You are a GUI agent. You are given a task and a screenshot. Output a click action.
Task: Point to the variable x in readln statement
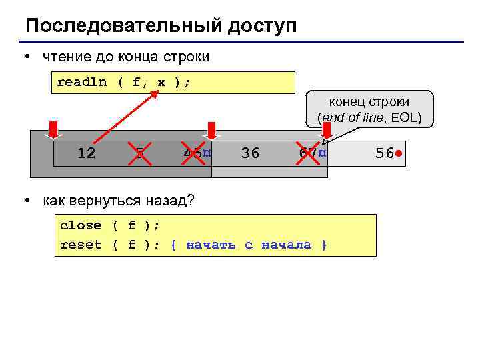click(x=161, y=83)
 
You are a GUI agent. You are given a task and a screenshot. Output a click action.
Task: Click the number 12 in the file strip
click(x=86, y=153)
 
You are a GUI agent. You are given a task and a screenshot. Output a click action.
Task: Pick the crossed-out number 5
click(x=139, y=153)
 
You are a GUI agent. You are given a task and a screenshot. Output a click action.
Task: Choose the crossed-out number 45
click(x=193, y=153)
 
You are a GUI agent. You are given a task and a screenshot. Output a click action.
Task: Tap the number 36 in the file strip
click(x=250, y=153)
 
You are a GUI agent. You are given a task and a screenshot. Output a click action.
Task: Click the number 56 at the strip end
click(x=384, y=153)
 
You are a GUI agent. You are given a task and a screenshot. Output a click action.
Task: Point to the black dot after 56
click(x=398, y=153)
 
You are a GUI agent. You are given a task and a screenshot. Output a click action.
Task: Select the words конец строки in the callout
click(x=369, y=102)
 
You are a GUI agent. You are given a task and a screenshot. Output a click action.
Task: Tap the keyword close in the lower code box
click(x=81, y=225)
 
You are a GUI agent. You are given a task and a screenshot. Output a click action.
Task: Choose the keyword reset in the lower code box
click(x=81, y=245)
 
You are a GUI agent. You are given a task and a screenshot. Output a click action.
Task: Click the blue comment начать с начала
click(x=249, y=245)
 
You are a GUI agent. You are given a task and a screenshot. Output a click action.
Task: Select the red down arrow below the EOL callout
click(x=326, y=131)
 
